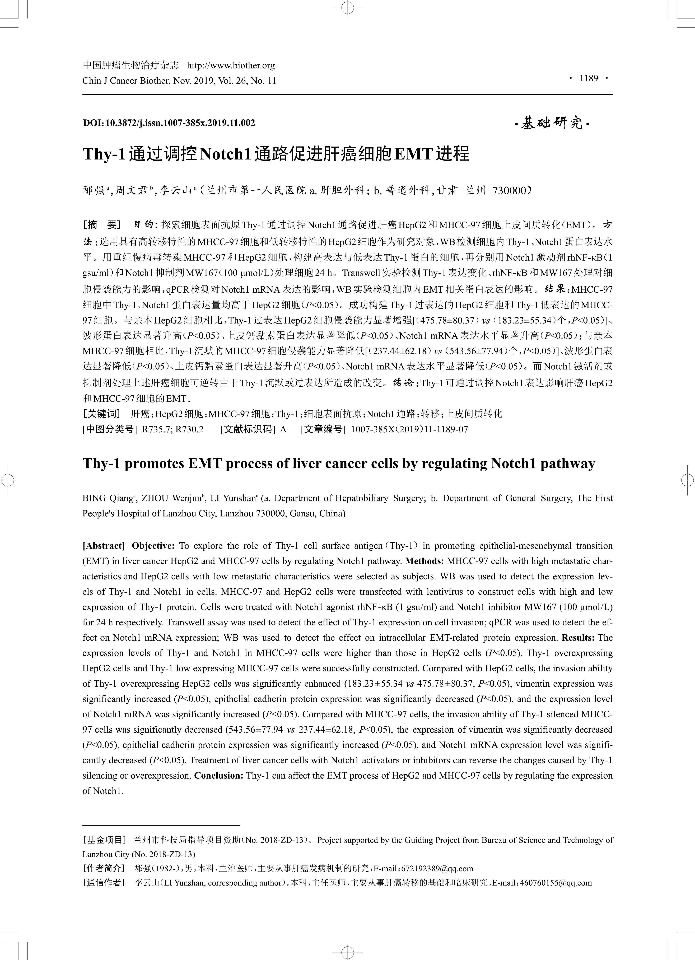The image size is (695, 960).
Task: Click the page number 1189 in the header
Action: point(589,78)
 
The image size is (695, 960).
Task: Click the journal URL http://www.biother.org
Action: point(231,66)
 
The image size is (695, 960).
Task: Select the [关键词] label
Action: point(102,414)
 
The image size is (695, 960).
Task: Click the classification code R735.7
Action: point(157,429)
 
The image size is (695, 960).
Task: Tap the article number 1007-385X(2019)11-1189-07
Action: point(409,429)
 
